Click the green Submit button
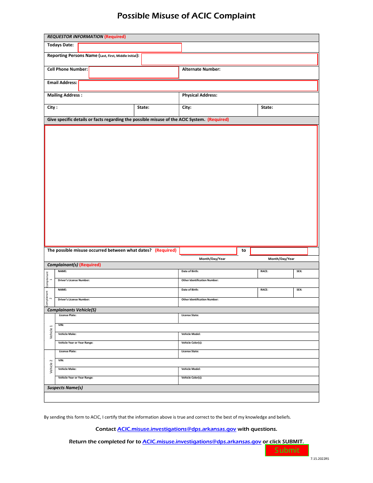287,450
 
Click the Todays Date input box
130,48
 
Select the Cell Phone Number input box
133,72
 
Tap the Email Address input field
198,86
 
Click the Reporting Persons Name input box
229,59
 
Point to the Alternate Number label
201,69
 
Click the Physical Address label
199,95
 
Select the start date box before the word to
208,251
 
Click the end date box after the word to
279,251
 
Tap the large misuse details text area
181,185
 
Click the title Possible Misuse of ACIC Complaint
186,16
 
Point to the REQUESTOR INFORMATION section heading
75,37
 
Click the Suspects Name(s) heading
65,388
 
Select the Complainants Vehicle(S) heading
71,310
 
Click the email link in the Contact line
177,429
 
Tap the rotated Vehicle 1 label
51,332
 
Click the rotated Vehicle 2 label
51,366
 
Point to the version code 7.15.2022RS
320,459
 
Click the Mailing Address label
65,95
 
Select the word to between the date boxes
244,250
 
